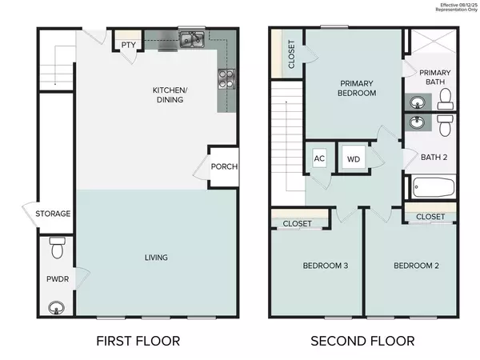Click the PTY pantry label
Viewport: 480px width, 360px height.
(x=128, y=45)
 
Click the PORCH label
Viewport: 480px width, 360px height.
(x=224, y=167)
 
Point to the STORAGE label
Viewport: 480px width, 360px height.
(x=53, y=214)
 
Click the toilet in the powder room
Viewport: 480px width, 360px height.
(x=56, y=250)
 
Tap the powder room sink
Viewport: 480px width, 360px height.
(x=56, y=305)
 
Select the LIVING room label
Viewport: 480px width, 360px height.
(x=155, y=257)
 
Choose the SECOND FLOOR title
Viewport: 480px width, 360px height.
(x=363, y=341)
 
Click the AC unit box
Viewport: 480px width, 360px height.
(x=319, y=158)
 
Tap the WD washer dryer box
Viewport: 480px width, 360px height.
(x=353, y=158)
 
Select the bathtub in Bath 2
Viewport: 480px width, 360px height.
(x=434, y=189)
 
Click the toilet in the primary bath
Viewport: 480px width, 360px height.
(x=446, y=98)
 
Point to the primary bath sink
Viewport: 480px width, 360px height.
(x=417, y=101)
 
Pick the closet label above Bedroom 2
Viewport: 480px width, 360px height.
(x=430, y=217)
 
